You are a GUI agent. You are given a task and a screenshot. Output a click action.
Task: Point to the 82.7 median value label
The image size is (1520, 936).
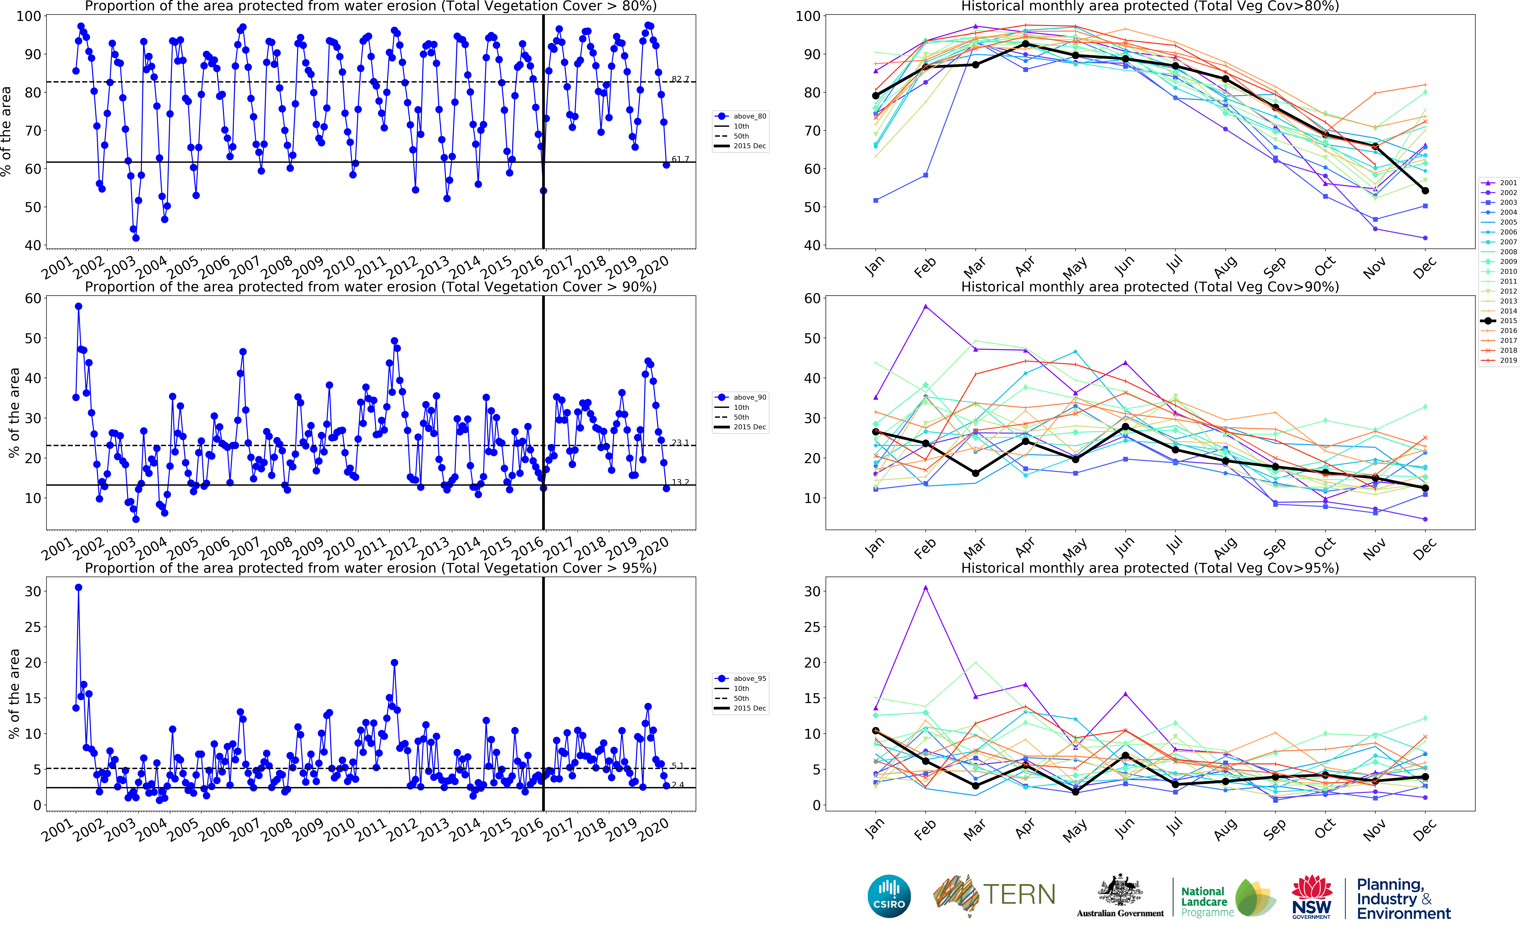click(680, 79)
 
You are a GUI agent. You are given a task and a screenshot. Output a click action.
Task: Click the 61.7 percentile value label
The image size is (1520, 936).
click(680, 159)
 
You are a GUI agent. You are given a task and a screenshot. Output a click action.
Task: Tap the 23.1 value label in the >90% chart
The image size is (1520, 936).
click(680, 443)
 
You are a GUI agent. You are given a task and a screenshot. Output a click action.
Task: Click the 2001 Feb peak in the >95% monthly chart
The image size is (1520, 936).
click(926, 587)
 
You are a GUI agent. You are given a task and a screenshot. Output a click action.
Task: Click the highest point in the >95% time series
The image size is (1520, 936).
click(79, 587)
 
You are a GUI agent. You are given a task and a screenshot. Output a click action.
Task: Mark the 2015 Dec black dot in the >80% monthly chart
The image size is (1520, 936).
click(1425, 191)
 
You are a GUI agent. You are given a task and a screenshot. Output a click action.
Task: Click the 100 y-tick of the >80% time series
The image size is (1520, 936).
click(29, 16)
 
